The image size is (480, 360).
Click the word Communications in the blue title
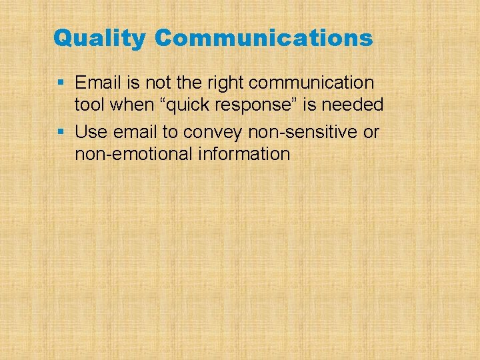tap(263, 38)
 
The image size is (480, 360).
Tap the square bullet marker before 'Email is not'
tap(61, 83)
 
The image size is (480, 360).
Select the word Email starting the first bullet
tap(97, 83)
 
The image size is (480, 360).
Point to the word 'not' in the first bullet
tap(148, 83)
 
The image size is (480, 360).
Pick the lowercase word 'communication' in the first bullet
tap(311, 83)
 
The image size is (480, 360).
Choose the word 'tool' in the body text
tap(87, 105)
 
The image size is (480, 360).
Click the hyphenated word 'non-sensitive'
tap(302, 132)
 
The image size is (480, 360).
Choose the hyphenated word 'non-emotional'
tap(135, 154)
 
